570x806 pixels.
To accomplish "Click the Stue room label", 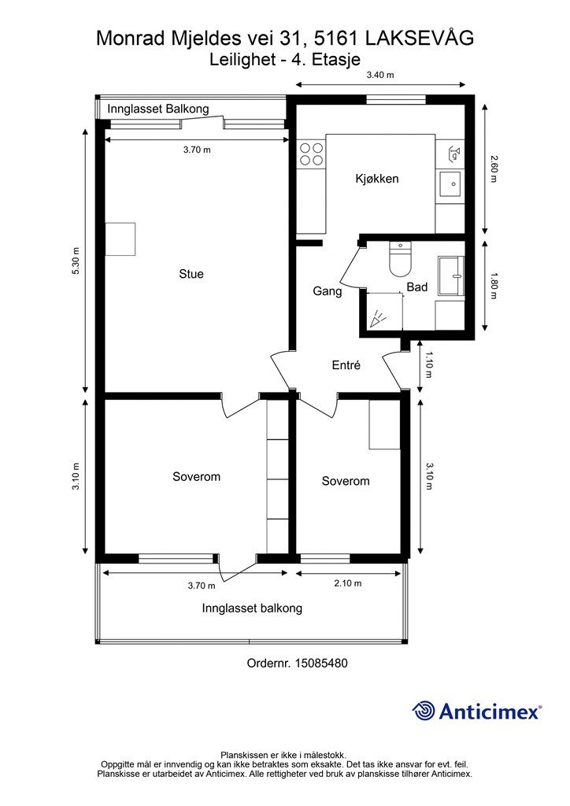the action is (x=191, y=274).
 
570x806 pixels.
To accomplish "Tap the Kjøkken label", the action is (x=377, y=179).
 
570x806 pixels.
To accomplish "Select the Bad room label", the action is (x=416, y=287).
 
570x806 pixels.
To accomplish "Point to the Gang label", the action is (x=328, y=291).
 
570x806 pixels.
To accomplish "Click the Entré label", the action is (x=346, y=365).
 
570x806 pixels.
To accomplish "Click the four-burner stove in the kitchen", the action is (x=312, y=153).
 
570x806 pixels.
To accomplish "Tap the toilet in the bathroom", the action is (x=401, y=259).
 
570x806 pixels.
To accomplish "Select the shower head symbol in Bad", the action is (x=378, y=319).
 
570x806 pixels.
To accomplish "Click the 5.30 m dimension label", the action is (x=76, y=261).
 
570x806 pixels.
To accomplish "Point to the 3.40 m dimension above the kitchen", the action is (x=379, y=75).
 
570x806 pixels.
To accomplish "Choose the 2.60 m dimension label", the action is (x=494, y=168).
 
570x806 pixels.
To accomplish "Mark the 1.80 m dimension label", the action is (x=494, y=286).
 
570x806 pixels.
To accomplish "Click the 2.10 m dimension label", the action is (x=348, y=583).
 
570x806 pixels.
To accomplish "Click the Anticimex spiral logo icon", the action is (x=424, y=711).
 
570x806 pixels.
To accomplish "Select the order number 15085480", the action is (x=321, y=663).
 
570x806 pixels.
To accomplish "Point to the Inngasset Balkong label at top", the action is (x=158, y=109).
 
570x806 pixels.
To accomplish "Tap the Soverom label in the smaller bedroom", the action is (x=346, y=481).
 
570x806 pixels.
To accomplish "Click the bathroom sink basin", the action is (x=451, y=275).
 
